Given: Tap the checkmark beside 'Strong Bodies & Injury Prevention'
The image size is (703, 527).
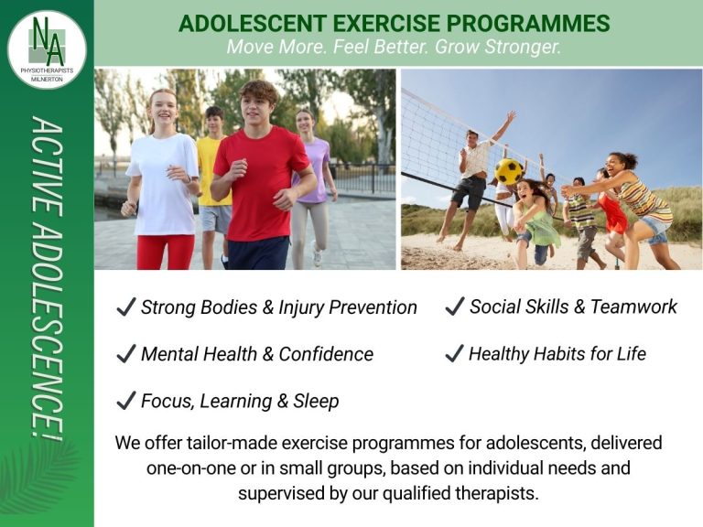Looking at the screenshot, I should coord(125,307).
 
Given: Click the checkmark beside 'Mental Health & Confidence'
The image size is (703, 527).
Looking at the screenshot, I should coord(125,354).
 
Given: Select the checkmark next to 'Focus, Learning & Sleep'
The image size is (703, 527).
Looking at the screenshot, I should coord(125,401).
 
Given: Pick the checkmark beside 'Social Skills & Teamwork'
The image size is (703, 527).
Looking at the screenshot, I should coord(454,307).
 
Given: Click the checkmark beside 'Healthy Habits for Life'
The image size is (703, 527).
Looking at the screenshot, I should coord(454,354).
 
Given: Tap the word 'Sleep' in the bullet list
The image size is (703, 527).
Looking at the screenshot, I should coord(316,401).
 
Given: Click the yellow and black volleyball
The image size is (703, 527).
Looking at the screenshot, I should coord(509,171).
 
